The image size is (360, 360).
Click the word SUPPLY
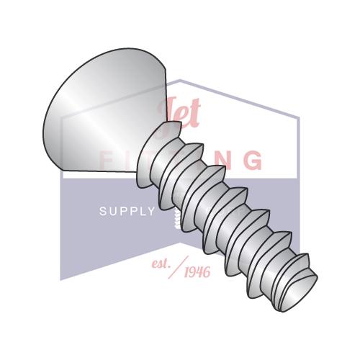(127, 212)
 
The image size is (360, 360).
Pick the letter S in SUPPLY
(102, 212)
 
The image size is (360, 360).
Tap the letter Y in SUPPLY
(151, 212)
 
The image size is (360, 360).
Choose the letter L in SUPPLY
(142, 212)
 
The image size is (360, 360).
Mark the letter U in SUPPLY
(112, 212)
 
